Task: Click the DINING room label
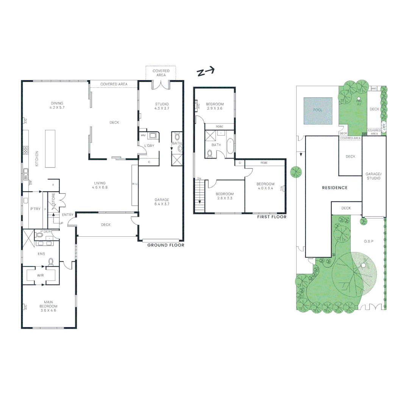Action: click(x=57, y=105)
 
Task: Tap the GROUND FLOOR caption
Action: click(x=165, y=245)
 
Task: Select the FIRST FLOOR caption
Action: click(x=272, y=217)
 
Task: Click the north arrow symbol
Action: click(x=206, y=72)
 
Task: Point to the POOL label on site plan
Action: click(x=317, y=110)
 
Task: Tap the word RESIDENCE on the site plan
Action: click(x=335, y=188)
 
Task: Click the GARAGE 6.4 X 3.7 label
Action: click(x=162, y=202)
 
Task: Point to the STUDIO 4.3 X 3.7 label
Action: click(x=161, y=106)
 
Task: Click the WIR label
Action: click(x=41, y=276)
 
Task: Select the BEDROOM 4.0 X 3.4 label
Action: click(x=265, y=186)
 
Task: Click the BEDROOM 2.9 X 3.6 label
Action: click(x=215, y=106)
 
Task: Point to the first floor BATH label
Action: click(x=216, y=145)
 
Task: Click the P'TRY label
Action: click(x=35, y=209)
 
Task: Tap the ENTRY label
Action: click(x=68, y=215)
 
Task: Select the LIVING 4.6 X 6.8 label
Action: click(x=100, y=185)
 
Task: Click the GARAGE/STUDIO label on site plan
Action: click(x=373, y=176)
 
